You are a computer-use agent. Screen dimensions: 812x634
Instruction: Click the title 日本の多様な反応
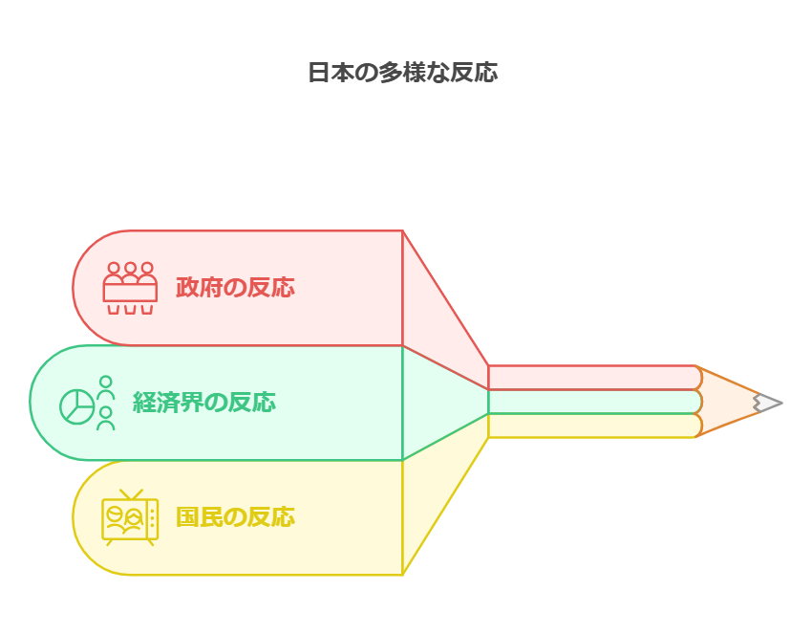(403, 72)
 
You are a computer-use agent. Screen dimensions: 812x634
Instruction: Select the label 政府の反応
(235, 287)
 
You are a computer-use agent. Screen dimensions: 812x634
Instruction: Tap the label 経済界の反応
(204, 403)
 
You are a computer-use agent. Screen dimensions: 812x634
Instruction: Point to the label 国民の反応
(235, 516)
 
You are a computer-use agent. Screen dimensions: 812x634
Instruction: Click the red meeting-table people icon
(130, 288)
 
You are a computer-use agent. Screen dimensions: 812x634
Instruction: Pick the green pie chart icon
(77, 407)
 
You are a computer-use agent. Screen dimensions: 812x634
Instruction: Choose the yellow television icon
(130, 517)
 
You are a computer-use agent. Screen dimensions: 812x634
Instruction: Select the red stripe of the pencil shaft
(594, 378)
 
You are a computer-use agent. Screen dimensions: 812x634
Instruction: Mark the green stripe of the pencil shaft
(594, 402)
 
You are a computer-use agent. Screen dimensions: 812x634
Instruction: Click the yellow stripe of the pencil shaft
(594, 426)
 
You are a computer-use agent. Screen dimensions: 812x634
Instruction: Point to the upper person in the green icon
(106, 387)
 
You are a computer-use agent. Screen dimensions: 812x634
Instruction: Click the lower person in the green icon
(106, 418)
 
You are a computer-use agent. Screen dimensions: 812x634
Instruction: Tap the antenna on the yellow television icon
(131, 494)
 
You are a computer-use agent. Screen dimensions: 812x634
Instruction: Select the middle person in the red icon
(130, 273)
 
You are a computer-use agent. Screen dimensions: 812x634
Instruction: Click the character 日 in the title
(318, 73)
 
